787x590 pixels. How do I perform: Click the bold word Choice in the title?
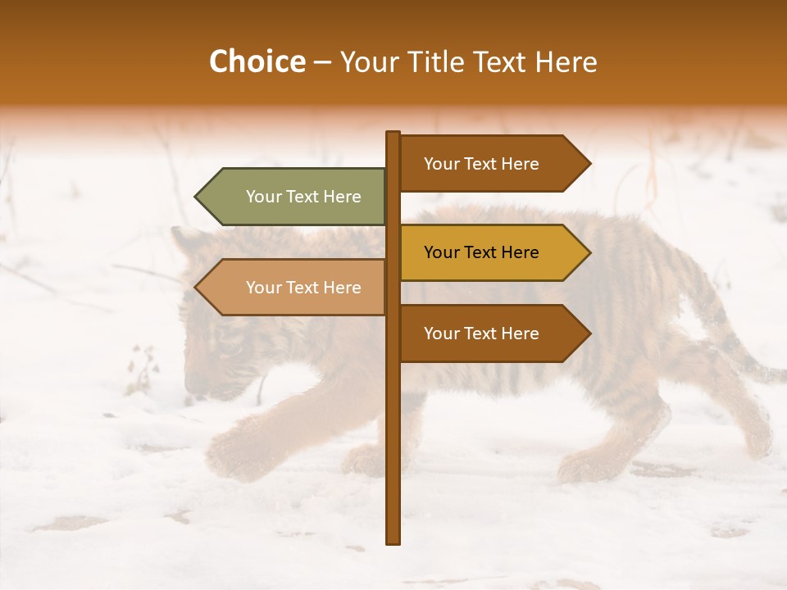[257, 61]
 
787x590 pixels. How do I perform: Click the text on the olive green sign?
[303, 197]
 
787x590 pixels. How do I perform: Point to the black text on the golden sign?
[481, 252]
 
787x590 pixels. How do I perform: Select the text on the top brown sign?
[481, 163]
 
